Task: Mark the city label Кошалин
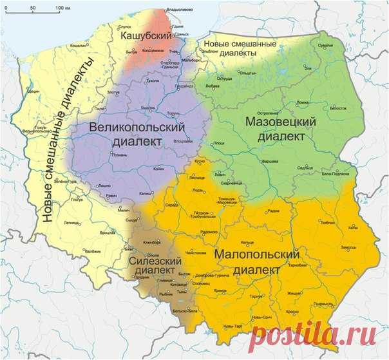point(79,46)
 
